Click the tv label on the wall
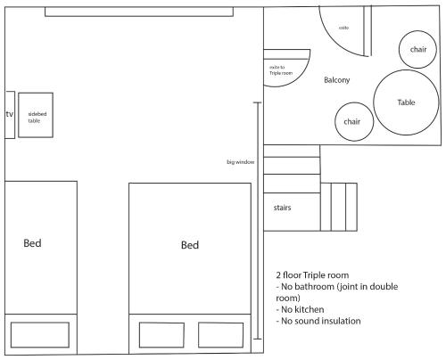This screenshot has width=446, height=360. (10, 114)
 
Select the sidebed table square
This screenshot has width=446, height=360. (36, 115)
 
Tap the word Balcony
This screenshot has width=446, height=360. (336, 80)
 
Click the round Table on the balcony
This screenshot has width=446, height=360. (406, 102)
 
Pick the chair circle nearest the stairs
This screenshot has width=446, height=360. (354, 121)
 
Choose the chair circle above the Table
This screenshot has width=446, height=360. (417, 49)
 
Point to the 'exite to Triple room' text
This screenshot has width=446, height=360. (281, 70)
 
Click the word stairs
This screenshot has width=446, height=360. (282, 208)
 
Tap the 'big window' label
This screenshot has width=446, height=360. (241, 162)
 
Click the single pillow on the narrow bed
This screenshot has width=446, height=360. (40, 335)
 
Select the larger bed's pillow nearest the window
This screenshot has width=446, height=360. (220, 335)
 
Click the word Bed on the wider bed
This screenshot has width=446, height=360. (190, 245)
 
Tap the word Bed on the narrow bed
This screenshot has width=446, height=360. (32, 243)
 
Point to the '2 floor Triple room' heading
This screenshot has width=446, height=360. (312, 275)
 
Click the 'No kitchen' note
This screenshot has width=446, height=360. (300, 309)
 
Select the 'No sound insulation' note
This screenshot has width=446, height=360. (318, 321)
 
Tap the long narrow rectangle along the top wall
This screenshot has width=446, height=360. (139, 12)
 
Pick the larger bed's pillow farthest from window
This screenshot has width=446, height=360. (161, 335)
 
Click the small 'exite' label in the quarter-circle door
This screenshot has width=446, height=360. (343, 28)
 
